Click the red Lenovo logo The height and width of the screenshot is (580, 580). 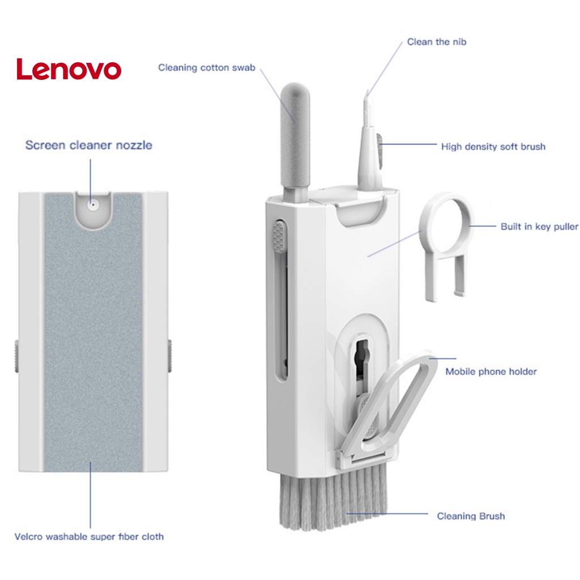click(x=69, y=69)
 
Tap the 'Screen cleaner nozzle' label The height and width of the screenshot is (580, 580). click(x=88, y=145)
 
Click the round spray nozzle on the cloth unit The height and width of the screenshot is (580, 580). click(x=93, y=204)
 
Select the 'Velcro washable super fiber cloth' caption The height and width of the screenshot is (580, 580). click(x=89, y=536)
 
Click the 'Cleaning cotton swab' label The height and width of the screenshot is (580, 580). click(x=207, y=68)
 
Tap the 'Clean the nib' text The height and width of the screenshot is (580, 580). click(x=437, y=42)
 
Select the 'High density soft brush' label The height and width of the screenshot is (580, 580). click(x=493, y=147)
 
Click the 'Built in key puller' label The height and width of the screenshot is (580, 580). click(x=539, y=227)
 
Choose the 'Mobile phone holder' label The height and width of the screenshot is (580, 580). click(x=491, y=372)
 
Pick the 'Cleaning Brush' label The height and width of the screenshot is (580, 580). click(x=471, y=516)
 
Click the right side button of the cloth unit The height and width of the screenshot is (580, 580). click(x=169, y=356)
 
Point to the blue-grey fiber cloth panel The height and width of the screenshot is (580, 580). click(x=93, y=340)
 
